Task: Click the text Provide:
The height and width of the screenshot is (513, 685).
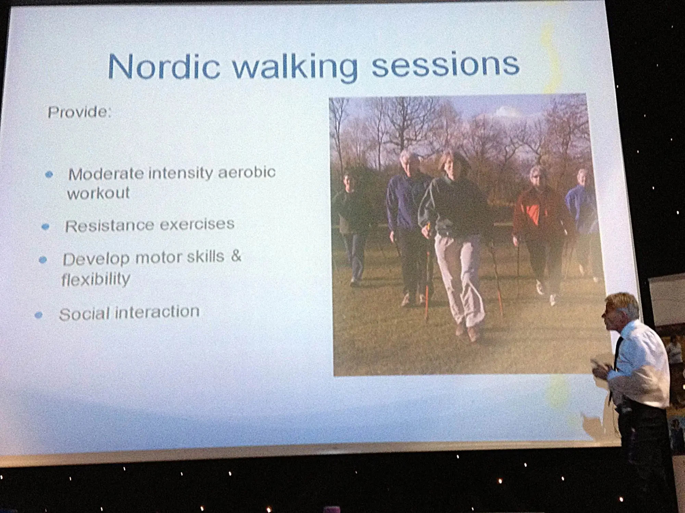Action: click(80, 112)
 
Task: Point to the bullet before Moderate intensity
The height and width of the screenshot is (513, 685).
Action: click(49, 175)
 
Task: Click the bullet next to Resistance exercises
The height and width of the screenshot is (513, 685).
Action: click(46, 227)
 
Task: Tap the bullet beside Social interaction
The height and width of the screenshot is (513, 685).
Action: click(39, 315)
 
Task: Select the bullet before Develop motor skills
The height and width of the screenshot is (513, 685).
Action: click(43, 260)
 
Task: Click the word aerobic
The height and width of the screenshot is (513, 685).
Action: click(247, 172)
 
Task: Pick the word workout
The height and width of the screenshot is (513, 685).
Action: click(98, 193)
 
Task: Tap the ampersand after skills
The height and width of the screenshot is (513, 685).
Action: click(236, 255)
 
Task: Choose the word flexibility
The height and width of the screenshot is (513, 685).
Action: click(96, 279)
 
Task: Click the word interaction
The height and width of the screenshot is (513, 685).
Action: click(157, 312)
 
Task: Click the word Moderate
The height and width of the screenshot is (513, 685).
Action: click(106, 174)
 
